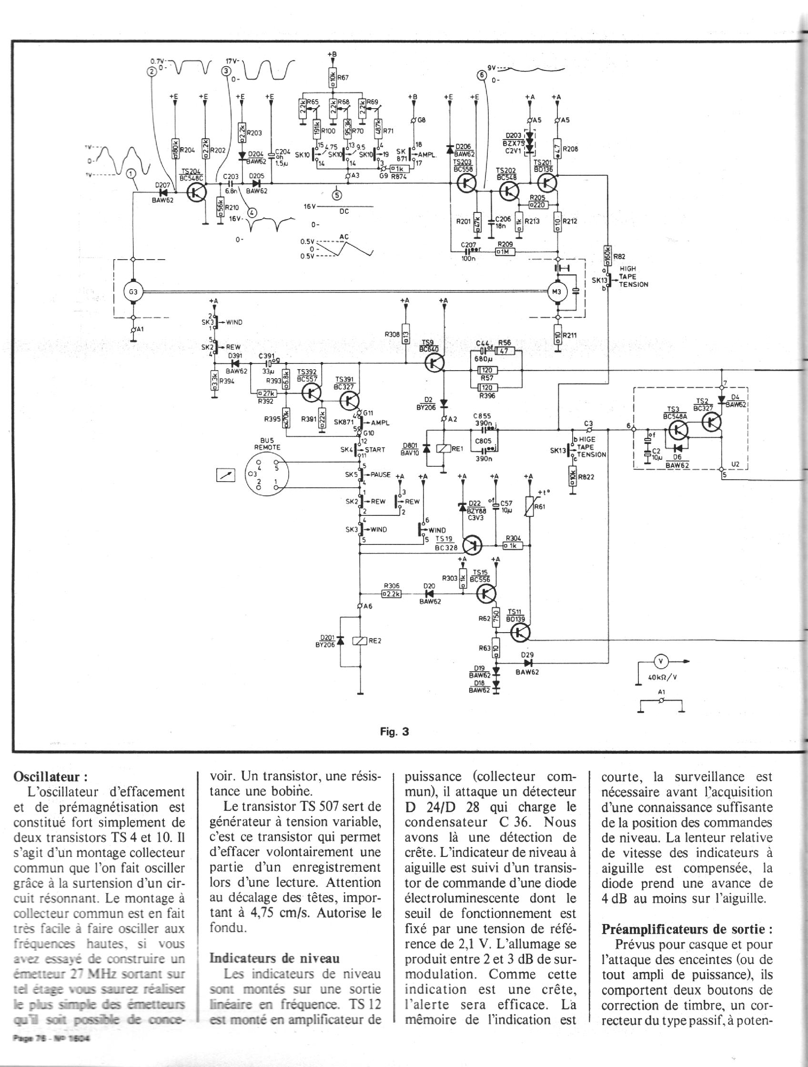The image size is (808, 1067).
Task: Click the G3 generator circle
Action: coord(133,292)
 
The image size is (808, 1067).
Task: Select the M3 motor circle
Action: coord(557,292)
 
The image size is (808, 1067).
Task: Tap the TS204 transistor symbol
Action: coord(197,192)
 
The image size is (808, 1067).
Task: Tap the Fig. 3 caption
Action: coord(394,731)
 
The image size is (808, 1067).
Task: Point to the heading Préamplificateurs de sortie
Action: coord(687,929)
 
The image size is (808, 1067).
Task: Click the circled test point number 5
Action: coord(337,195)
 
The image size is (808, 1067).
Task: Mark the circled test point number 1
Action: coord(131,175)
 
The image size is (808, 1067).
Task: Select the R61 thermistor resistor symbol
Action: coord(530,508)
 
